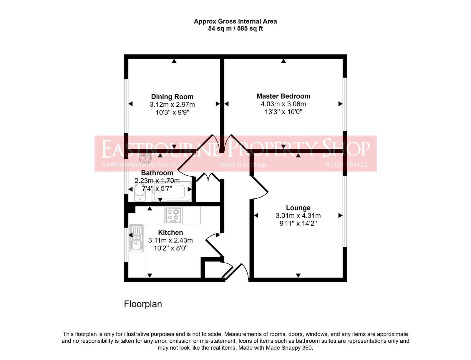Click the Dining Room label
click(172, 97)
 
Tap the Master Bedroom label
click(283, 96)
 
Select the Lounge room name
click(298, 208)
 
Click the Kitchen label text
click(170, 233)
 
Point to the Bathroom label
click(157, 173)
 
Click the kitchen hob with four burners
click(173, 215)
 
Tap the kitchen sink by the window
click(136, 238)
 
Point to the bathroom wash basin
click(145, 159)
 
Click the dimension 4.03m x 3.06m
click(283, 104)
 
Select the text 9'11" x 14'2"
click(298, 224)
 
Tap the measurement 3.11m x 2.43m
click(170, 240)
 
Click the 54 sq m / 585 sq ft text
click(235, 29)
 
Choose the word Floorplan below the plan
click(143, 304)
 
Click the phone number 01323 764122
click(346, 165)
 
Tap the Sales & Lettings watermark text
click(243, 165)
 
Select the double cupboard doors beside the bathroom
click(208, 177)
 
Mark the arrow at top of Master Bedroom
click(283, 61)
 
